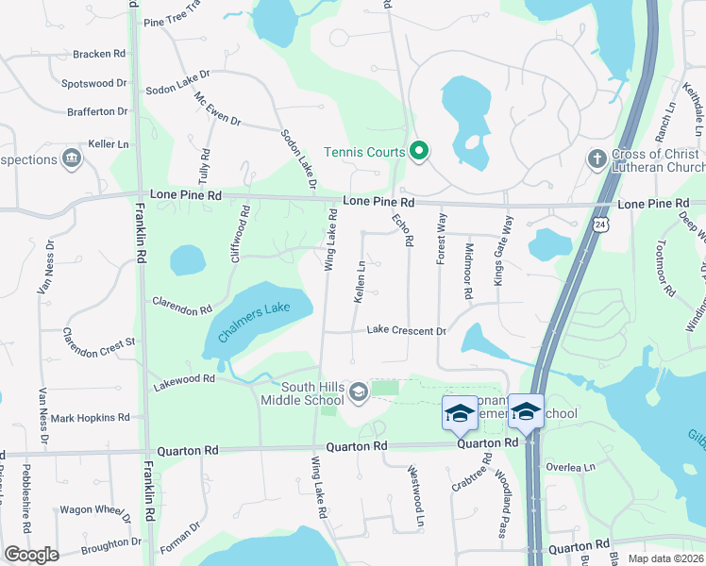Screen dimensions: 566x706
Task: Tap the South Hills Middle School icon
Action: (x=358, y=391)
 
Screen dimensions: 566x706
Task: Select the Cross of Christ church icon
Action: (x=596, y=158)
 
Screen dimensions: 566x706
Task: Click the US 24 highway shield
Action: (x=600, y=225)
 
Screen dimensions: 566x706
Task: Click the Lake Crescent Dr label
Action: (x=406, y=330)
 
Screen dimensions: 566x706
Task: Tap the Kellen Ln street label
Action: (x=360, y=280)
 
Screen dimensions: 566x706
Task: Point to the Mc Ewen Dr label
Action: (x=218, y=110)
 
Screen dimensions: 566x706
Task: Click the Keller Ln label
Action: (x=108, y=143)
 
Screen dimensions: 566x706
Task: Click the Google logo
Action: (x=31, y=555)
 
